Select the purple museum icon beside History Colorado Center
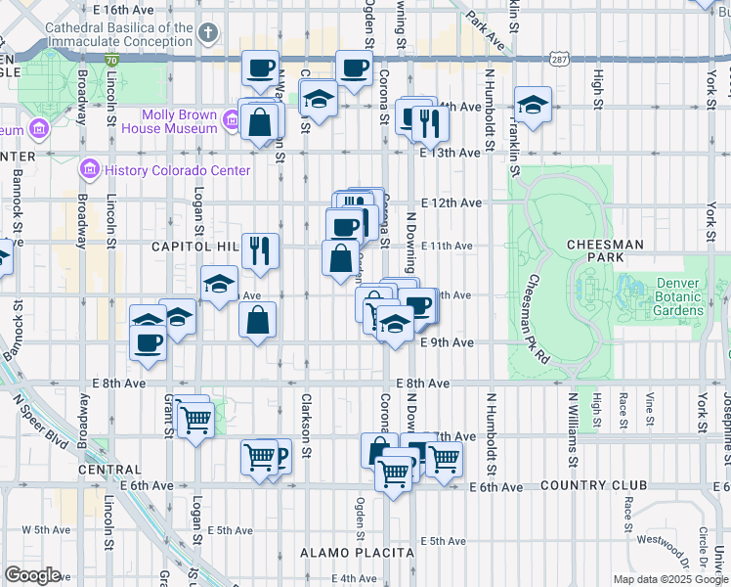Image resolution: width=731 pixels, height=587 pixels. coord(91,170)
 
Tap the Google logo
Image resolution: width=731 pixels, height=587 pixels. coord(32,575)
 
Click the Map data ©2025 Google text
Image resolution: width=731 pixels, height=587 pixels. coord(669,579)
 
